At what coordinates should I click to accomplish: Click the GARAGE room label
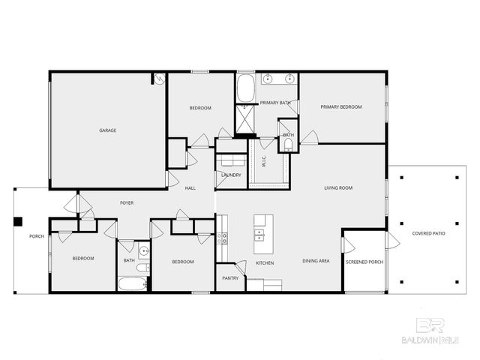[x=107, y=130]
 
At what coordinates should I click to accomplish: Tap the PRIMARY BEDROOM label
[x=341, y=107]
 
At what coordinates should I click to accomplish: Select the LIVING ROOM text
[x=338, y=187]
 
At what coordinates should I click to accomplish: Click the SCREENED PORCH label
[x=364, y=262]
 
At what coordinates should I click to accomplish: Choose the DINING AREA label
[x=316, y=262]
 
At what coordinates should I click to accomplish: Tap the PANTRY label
[x=230, y=278]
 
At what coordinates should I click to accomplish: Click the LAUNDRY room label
[x=232, y=175]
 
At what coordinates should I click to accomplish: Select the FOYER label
[x=127, y=202]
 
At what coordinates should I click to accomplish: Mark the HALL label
[x=190, y=187]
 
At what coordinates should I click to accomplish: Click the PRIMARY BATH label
[x=275, y=103]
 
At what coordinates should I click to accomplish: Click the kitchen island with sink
[x=262, y=233]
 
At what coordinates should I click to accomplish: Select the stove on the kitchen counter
[x=222, y=238]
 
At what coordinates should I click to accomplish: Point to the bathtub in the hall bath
[x=133, y=285]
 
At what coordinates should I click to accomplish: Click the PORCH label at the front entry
[x=36, y=236]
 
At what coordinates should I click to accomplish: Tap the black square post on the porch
[x=19, y=221]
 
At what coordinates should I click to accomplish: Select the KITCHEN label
[x=265, y=263]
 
